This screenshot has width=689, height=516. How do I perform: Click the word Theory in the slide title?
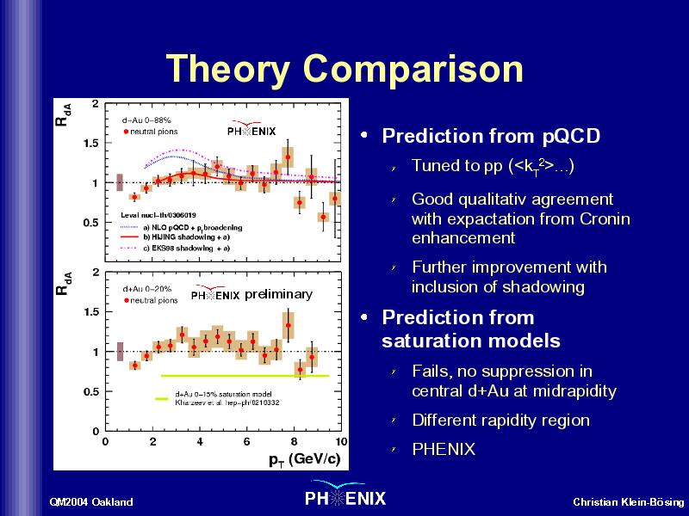[x=228, y=69]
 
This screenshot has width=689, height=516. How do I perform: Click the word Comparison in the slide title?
[x=413, y=68]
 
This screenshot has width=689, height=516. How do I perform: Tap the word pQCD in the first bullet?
[x=571, y=137]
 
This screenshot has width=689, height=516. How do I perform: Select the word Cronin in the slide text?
[x=605, y=218]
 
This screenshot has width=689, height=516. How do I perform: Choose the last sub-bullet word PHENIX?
[x=444, y=449]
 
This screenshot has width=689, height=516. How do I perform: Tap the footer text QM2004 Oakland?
[x=91, y=502]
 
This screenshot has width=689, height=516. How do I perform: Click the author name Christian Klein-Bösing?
[x=629, y=502]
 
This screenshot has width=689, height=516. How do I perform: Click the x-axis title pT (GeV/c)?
[x=305, y=459]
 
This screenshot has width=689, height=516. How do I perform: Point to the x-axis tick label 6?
[x=246, y=441]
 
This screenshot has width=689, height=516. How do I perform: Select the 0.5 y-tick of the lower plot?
[x=91, y=391]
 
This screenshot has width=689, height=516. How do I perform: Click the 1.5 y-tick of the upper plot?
[x=91, y=143]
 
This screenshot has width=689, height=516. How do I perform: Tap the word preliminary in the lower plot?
[x=278, y=294]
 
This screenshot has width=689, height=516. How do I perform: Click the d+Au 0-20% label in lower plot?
[x=147, y=289]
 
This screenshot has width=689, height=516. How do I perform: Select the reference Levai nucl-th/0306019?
[x=158, y=215]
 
